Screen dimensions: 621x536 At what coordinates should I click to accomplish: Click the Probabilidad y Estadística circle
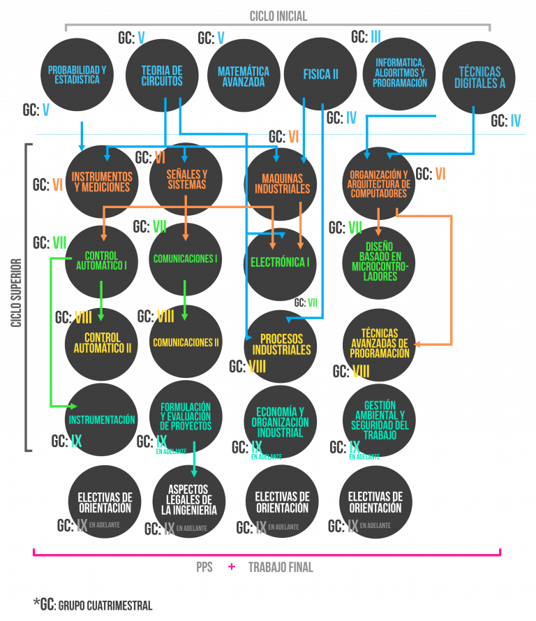77,75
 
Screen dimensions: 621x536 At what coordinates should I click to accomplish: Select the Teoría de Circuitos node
162,75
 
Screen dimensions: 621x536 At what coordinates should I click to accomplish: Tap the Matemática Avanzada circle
244,76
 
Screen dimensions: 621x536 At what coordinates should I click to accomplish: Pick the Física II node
320,74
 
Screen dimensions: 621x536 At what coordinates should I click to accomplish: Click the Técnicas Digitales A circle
479,77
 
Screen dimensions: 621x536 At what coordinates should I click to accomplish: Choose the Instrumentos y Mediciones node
102,182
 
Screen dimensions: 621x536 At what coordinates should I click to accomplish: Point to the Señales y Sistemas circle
186,180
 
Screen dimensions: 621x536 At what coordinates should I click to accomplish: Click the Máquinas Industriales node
282,184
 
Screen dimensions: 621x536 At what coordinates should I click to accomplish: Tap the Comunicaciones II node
186,342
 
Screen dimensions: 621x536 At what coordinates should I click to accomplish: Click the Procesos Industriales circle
281,344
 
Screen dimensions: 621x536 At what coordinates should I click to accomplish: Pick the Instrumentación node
102,420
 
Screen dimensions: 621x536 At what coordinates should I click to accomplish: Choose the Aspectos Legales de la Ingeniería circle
189,501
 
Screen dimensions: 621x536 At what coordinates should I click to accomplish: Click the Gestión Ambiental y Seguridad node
380,420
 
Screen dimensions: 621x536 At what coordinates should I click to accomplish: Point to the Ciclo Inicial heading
278,16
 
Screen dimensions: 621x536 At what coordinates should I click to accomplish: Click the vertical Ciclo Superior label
16,293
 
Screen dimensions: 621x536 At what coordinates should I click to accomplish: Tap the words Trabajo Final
281,567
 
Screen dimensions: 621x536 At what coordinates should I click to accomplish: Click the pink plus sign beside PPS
231,567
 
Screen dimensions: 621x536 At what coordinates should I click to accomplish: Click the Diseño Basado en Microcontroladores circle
379,262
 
